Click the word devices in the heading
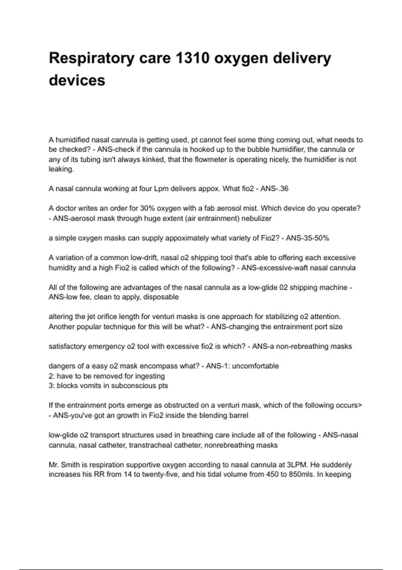coord(77,80)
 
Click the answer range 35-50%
coord(312,238)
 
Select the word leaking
coord(61,169)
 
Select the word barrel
coord(238,415)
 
